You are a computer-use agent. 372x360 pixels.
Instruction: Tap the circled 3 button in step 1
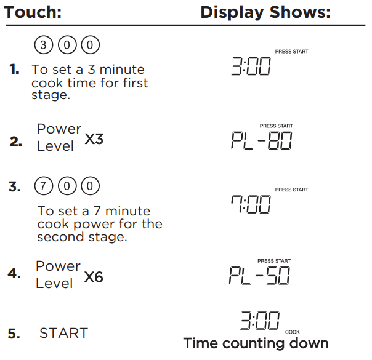(43, 46)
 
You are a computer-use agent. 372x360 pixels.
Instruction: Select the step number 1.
(15, 71)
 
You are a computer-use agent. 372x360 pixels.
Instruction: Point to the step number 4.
(14, 274)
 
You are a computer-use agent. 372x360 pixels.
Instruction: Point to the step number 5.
(14, 334)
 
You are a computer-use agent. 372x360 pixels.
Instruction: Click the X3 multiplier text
(94, 140)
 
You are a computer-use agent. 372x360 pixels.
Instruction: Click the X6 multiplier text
(94, 277)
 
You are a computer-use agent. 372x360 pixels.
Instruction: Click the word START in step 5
(63, 334)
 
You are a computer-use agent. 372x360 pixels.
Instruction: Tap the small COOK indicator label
(293, 332)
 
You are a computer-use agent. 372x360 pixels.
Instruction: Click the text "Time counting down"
(256, 343)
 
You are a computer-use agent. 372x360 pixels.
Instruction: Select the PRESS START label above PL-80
(277, 126)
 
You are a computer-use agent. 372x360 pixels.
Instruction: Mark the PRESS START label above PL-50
(274, 261)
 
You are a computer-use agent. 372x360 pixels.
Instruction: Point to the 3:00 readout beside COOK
(259, 321)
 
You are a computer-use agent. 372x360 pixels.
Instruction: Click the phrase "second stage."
(82, 237)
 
